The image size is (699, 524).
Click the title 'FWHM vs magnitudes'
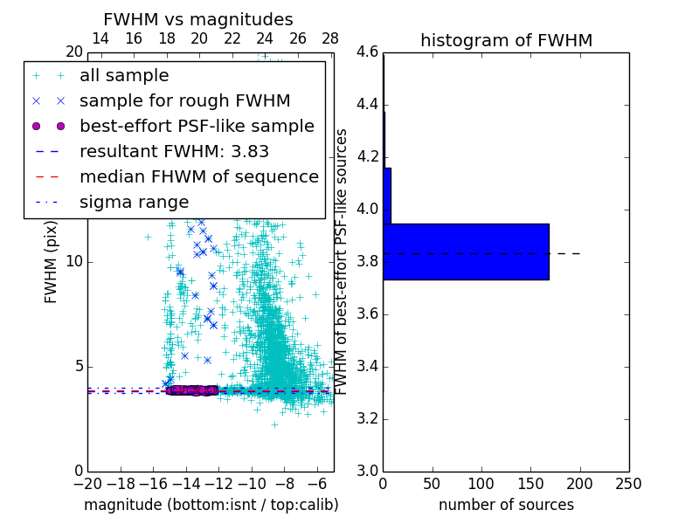pyautogui.click(x=198, y=19)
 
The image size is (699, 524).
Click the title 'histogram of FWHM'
pyautogui.click(x=506, y=40)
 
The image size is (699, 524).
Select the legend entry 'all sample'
pyautogui.click(x=124, y=76)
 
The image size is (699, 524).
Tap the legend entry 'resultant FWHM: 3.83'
pyautogui.click(x=174, y=151)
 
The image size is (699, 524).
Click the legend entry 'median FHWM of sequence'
pyautogui.click(x=198, y=176)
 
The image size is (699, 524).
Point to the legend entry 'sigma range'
pyautogui.click(x=134, y=202)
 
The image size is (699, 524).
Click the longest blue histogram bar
pyautogui.click(x=466, y=252)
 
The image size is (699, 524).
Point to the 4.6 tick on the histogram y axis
pyautogui.click(x=368, y=52)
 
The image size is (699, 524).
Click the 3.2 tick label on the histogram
pyautogui.click(x=368, y=418)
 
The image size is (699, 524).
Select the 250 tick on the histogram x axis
pyautogui.click(x=628, y=483)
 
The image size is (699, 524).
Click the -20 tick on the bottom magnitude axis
pyautogui.click(x=87, y=483)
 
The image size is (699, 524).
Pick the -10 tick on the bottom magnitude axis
pyautogui.click(x=252, y=483)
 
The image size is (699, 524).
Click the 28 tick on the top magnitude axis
pyautogui.click(x=330, y=38)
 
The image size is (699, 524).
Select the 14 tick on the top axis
pyautogui.click(x=100, y=38)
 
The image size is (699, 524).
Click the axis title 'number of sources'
pyautogui.click(x=506, y=505)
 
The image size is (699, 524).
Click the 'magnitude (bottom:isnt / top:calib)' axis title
pyautogui.click(x=211, y=505)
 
